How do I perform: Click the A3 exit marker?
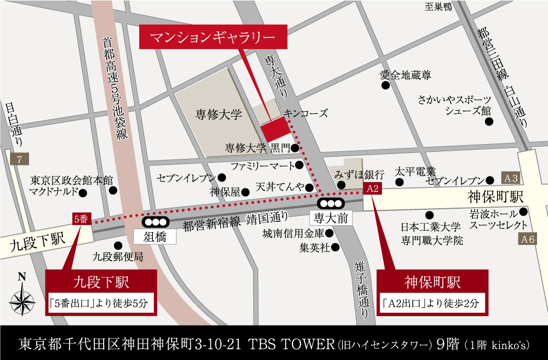[x=511, y=179]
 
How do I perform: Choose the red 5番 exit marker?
[x=81, y=219]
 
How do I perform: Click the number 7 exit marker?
[x=19, y=160]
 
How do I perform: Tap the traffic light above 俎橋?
[x=155, y=222]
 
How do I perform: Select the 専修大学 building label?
[x=219, y=115]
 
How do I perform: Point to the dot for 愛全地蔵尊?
[x=386, y=86]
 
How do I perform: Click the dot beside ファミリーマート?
[x=299, y=165]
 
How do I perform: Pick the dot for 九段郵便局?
[x=117, y=245]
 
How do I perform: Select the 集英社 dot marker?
[x=335, y=247]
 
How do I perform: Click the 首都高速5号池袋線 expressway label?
[x=115, y=88]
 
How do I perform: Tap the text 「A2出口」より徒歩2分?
[x=432, y=302]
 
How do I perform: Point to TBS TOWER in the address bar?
[x=291, y=345]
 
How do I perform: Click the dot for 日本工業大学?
[x=430, y=215]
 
